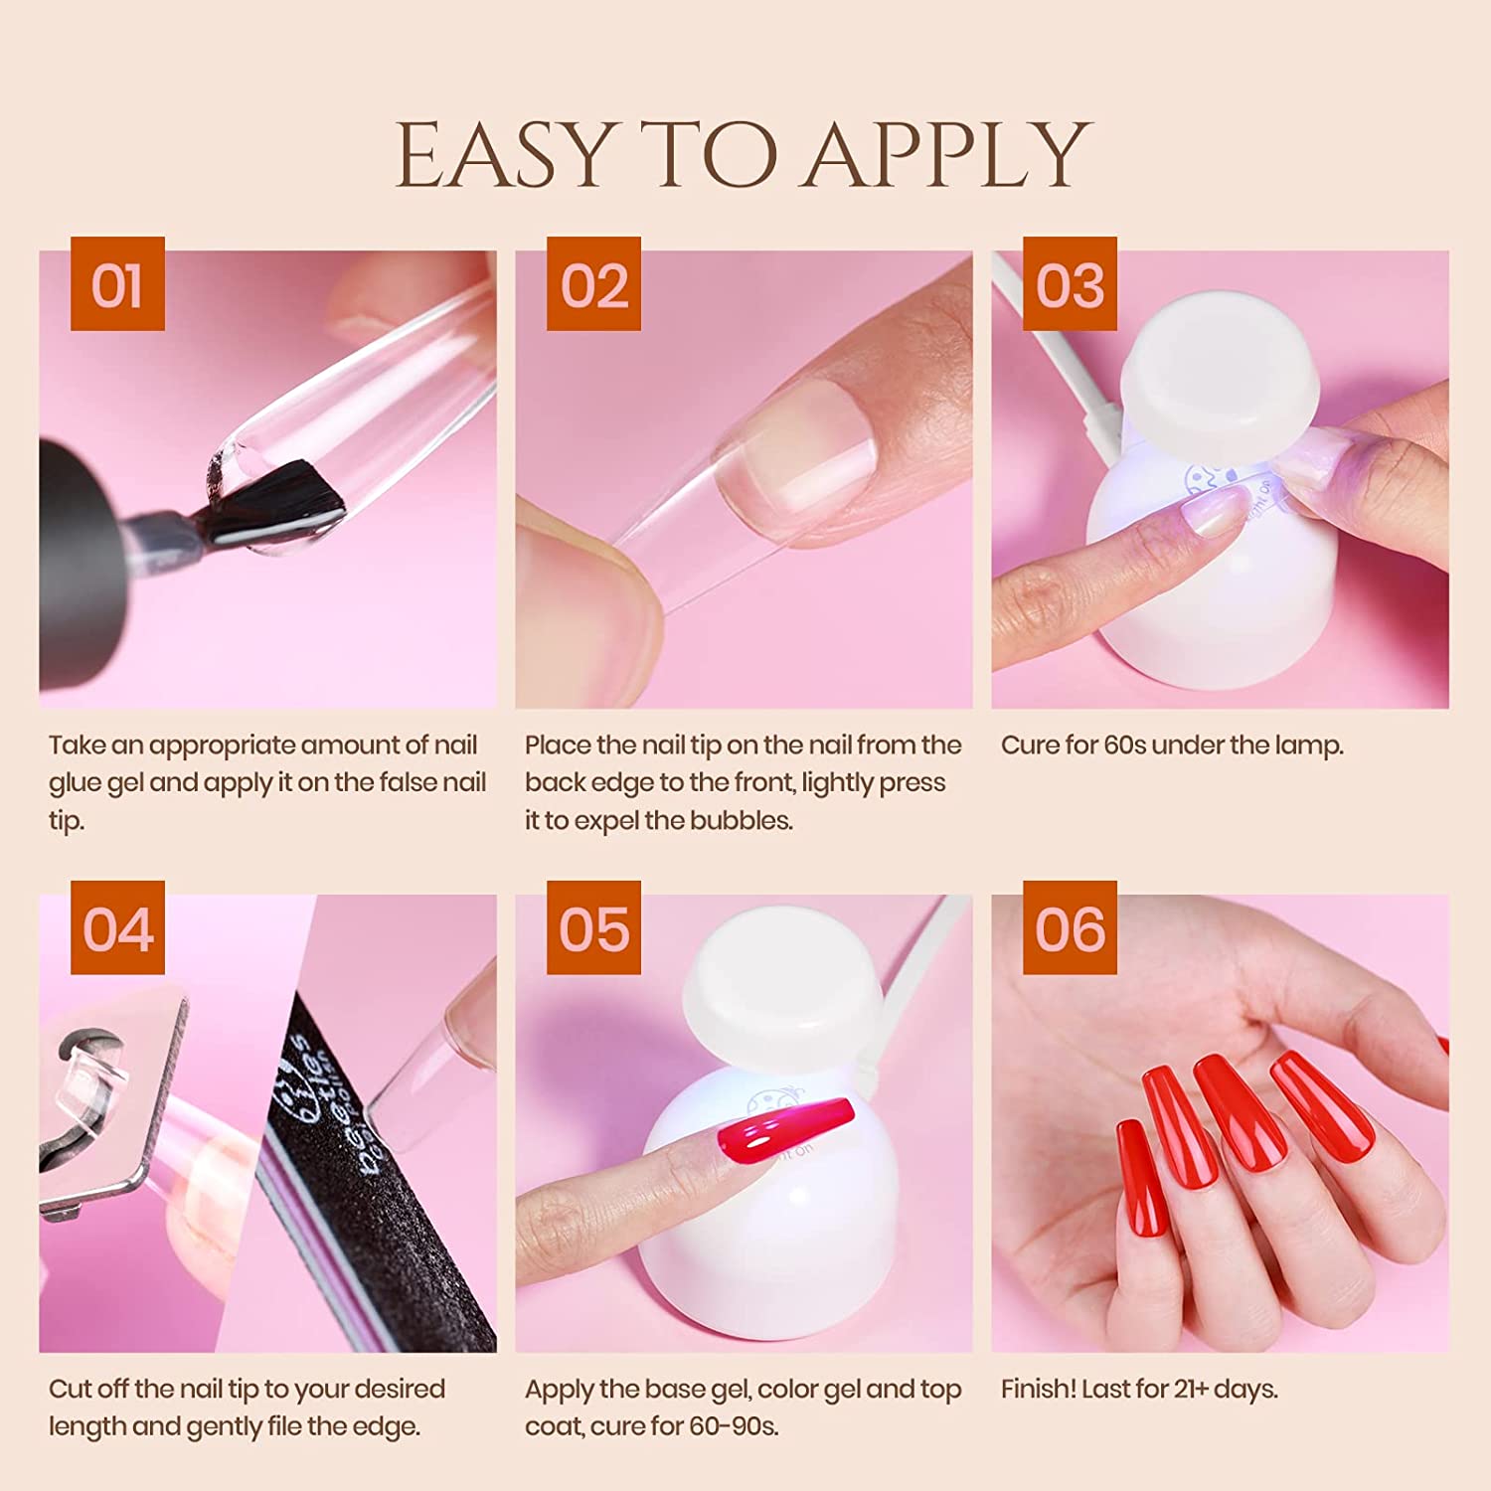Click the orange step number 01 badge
coord(117,284)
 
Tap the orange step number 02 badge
coord(593,284)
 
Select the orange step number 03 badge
coord(1070,284)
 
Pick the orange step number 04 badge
coord(117,927)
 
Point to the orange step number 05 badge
coord(593,927)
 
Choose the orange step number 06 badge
coord(1070,927)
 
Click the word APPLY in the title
coord(948,154)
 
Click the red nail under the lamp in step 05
coord(780,1127)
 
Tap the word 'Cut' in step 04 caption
coord(69,1390)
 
